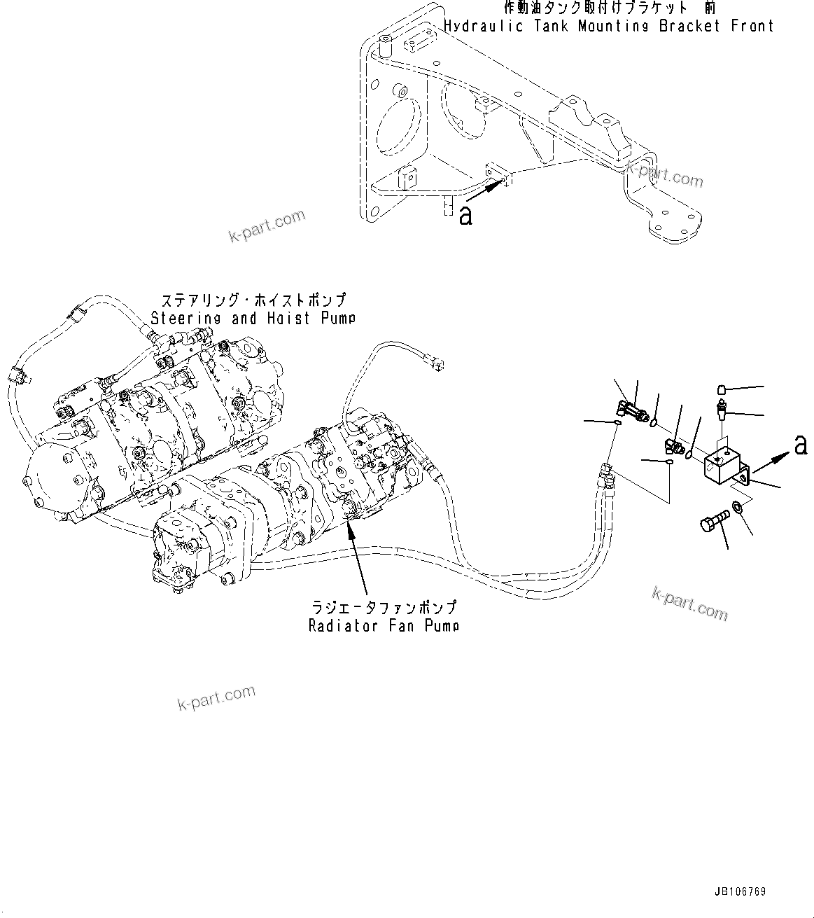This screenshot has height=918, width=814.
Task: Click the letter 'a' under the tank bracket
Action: point(465,215)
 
